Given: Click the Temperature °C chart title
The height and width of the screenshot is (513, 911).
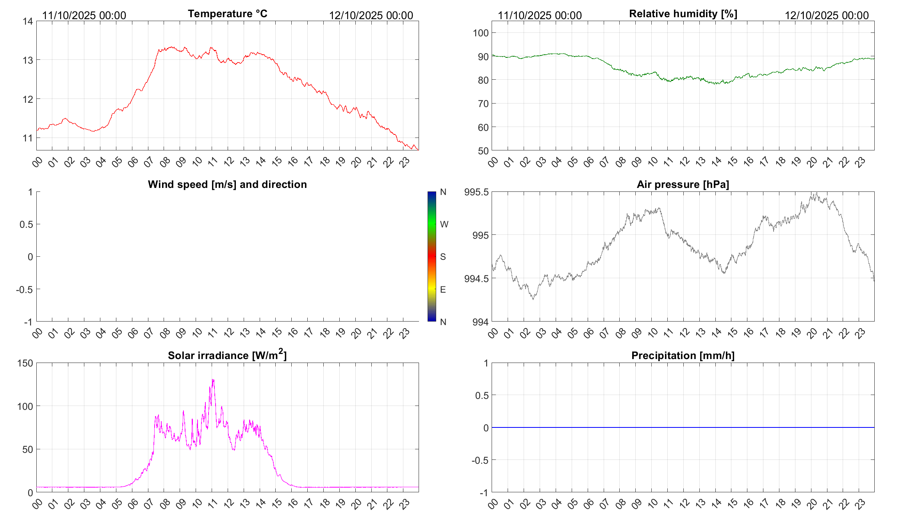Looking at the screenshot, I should pos(227,14).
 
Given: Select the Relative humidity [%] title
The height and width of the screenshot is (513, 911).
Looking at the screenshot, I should pos(683,14).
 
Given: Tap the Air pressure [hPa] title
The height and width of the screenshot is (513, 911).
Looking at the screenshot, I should pos(683,184).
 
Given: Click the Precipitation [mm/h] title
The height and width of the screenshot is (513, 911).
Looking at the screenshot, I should pos(683,356).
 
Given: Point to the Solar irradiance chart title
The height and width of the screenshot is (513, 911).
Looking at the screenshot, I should pos(227,355).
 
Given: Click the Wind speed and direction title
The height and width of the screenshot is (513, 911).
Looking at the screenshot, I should pos(227,184).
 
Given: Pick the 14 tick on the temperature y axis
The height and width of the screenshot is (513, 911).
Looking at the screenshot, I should pos(28,21).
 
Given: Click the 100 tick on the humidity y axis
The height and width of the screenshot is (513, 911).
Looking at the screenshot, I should pos(480,33).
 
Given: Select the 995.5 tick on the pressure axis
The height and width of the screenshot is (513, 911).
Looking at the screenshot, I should pos(476,192).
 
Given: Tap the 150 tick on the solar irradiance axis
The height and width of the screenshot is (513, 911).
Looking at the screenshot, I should pos(25,363).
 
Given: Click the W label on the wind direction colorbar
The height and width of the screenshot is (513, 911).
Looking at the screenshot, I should pos(444,224).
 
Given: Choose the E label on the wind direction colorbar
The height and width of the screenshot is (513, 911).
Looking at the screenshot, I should pos(443,290).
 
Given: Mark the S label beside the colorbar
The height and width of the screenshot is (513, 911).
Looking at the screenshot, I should pos(443,257).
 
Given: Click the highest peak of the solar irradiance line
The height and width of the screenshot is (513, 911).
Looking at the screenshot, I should pos(213,379).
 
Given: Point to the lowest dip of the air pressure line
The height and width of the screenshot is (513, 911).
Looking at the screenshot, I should pos(533,299).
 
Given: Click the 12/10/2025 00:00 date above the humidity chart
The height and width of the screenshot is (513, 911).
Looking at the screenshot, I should pos(827,15).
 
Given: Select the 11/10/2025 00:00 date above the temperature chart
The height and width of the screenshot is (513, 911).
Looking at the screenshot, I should pos(84,15).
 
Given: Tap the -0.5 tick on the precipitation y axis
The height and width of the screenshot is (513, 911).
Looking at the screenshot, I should pos(480,460).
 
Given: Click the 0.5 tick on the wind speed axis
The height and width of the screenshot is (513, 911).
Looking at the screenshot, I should pos(26,224).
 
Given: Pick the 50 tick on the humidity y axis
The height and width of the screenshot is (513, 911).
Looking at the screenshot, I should pos(483,151).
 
